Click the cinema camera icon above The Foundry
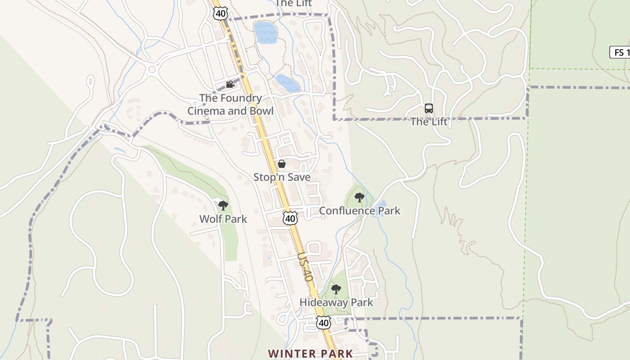[230, 85]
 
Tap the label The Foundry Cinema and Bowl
[230, 104]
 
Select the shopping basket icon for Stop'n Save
[282, 164]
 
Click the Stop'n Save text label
[282, 177]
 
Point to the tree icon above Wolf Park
[223, 206]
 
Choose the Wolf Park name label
[223, 219]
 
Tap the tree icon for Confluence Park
[359, 197]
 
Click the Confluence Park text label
[360, 211]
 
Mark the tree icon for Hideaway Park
[336, 289]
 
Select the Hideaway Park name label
[336, 302]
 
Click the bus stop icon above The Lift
[429, 108]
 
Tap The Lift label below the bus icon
[429, 121]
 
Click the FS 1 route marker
[620, 52]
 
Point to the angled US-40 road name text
[305, 266]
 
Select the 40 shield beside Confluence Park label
[290, 219]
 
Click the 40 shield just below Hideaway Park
[324, 323]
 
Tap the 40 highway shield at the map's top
[220, 13]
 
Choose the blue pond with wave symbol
[265, 32]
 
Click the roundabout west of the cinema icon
[152, 69]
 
